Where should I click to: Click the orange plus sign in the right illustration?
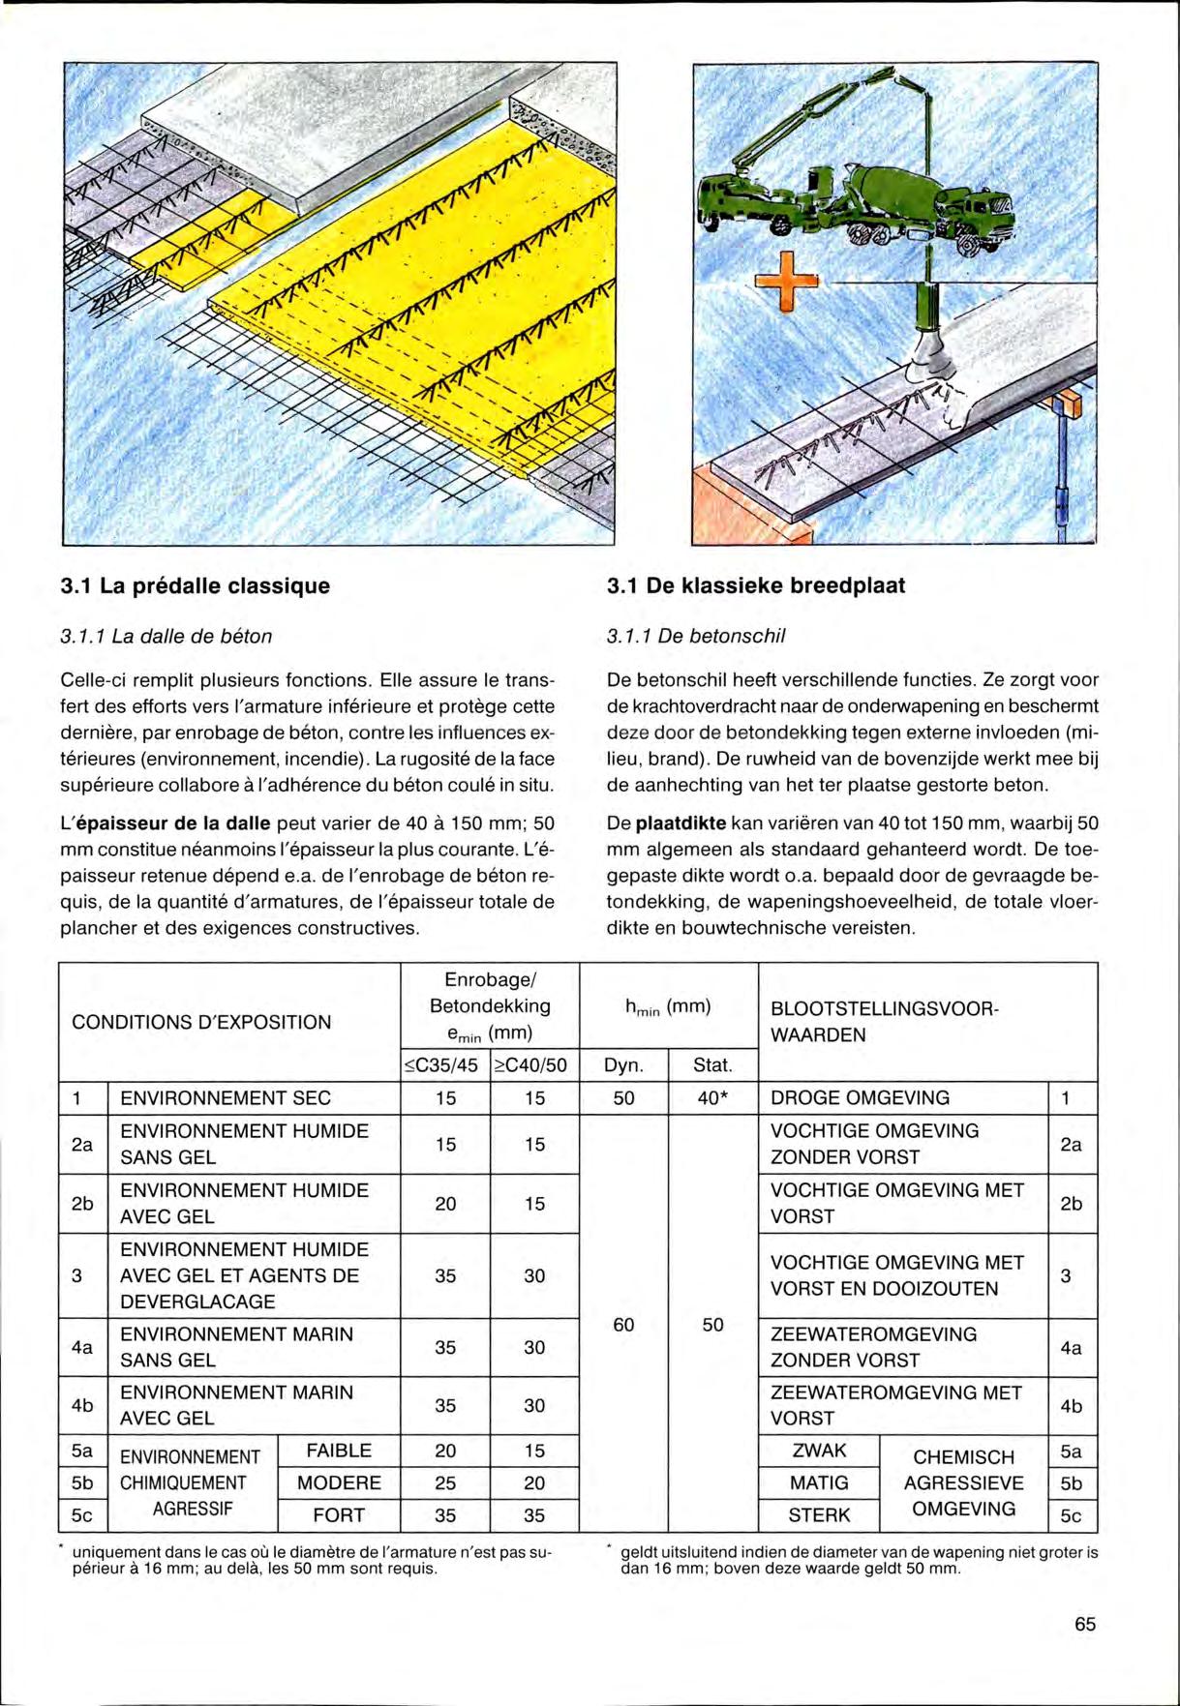click(x=784, y=280)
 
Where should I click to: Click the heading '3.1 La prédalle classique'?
click(x=195, y=585)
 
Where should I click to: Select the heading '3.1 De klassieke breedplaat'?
click(x=756, y=585)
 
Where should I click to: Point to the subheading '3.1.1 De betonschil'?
click(x=696, y=636)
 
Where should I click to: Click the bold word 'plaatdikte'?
click(x=681, y=823)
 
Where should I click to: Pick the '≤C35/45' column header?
click(x=444, y=1066)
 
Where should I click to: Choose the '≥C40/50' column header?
click(x=534, y=1066)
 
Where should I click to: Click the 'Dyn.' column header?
click(x=623, y=1066)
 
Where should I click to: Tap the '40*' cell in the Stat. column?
click(x=712, y=1098)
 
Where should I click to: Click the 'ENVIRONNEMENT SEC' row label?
click(x=225, y=1098)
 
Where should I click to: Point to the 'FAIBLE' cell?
click(x=339, y=1451)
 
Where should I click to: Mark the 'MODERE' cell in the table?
click(x=339, y=1482)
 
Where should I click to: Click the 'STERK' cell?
click(x=819, y=1515)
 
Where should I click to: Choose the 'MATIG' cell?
click(x=819, y=1482)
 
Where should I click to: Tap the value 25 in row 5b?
click(x=444, y=1482)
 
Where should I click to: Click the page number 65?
click(x=1085, y=1625)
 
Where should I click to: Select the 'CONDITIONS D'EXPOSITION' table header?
click(x=201, y=1023)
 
